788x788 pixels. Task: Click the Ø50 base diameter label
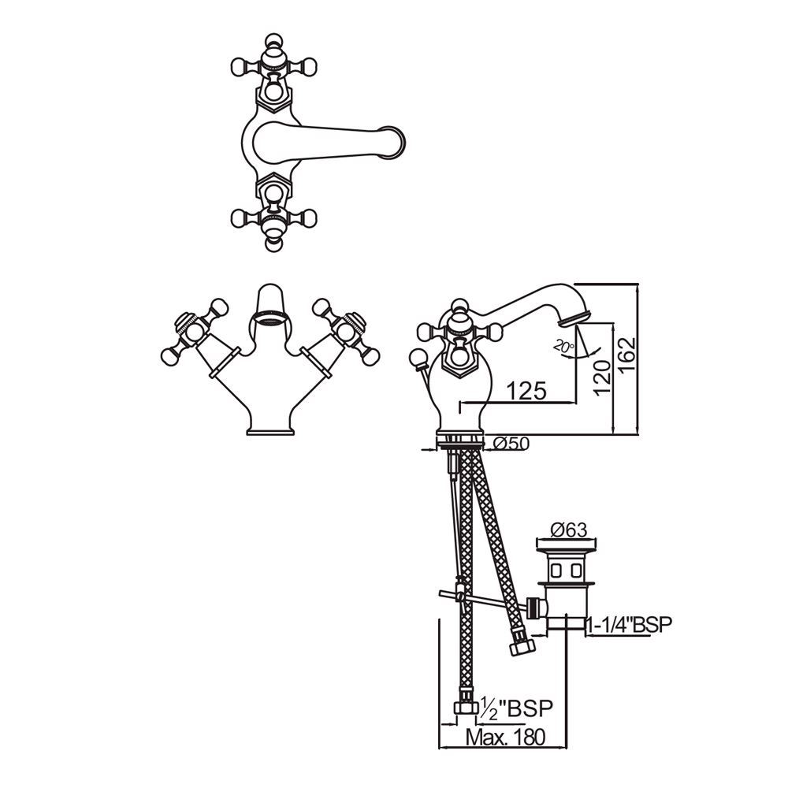511,444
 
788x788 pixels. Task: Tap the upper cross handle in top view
272,67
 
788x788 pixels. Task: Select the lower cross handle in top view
272,216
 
